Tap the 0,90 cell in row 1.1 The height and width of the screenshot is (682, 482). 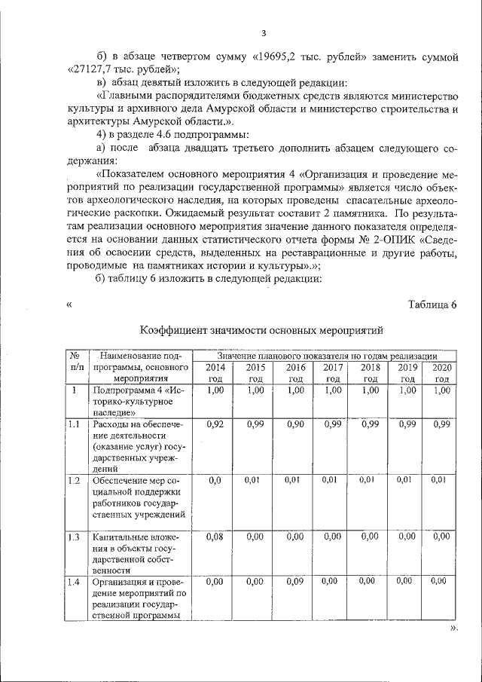pyautogui.click(x=295, y=424)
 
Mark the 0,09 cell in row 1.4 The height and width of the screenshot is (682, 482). pyautogui.click(x=295, y=582)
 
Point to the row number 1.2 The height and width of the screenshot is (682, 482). pyautogui.click(x=74, y=479)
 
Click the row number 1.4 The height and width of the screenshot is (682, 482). pyautogui.click(x=74, y=582)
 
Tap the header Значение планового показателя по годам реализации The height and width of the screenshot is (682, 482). pyautogui.click(x=325, y=355)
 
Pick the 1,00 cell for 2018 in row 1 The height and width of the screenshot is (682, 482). pyautogui.click(x=369, y=390)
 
